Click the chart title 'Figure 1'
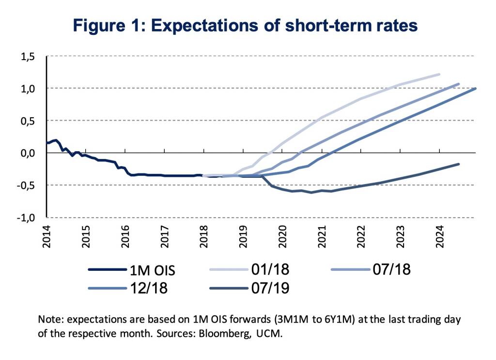tap(245, 25)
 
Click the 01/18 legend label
tap(270, 269)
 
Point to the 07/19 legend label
tap(270, 289)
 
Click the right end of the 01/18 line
tap(439, 74)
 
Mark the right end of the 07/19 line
tap(459, 164)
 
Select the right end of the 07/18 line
tap(459, 84)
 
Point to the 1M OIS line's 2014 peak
tap(56, 140)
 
